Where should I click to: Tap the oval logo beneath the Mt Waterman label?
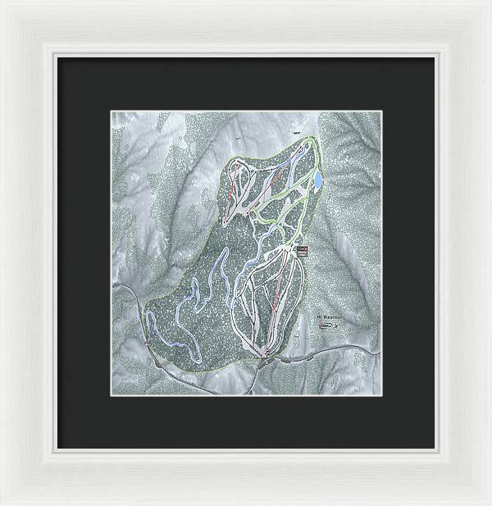coord(326,326)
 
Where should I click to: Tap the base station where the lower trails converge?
coord(268,353)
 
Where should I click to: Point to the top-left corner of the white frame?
coord(3,3)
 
